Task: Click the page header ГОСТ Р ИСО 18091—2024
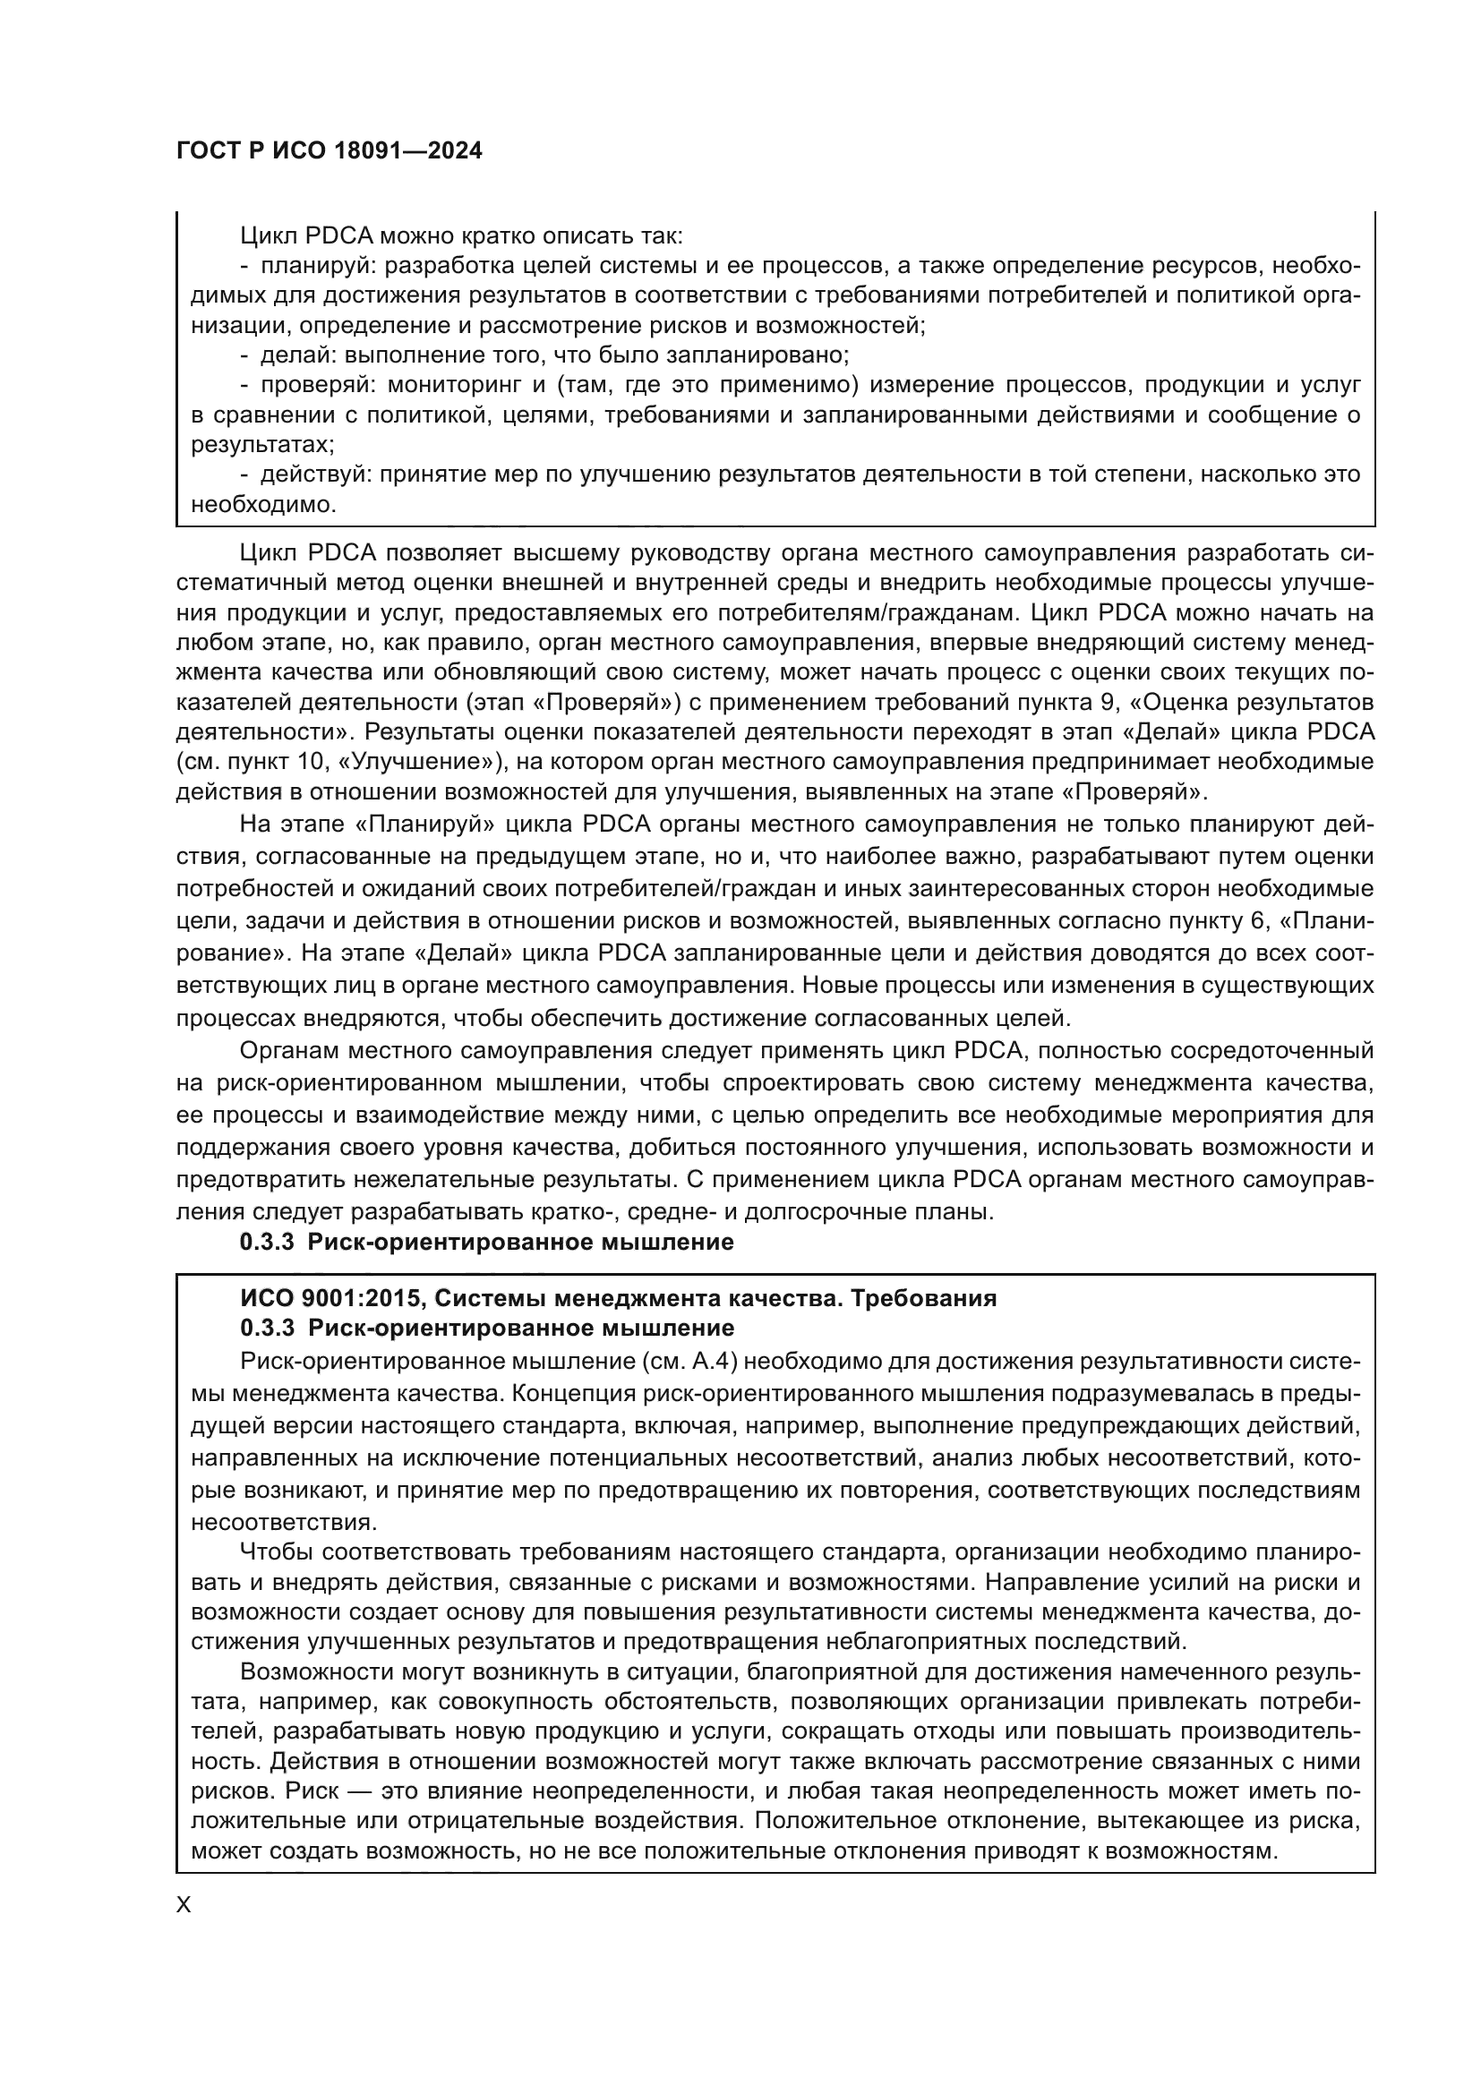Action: [x=329, y=151]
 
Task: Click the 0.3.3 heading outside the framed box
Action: [x=486, y=1243]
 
